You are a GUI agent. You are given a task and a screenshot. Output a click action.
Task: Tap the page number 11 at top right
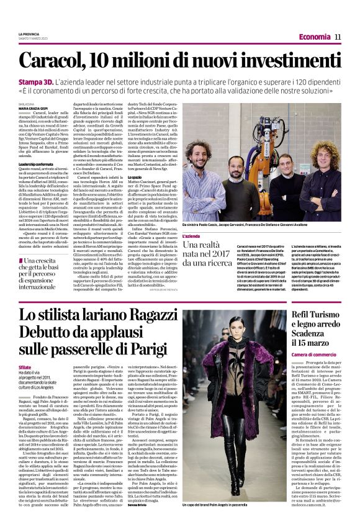click(x=338, y=37)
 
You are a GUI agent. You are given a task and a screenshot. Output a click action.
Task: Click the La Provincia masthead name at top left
click(x=29, y=33)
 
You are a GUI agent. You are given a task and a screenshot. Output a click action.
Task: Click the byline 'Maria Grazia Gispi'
click(x=31, y=109)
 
